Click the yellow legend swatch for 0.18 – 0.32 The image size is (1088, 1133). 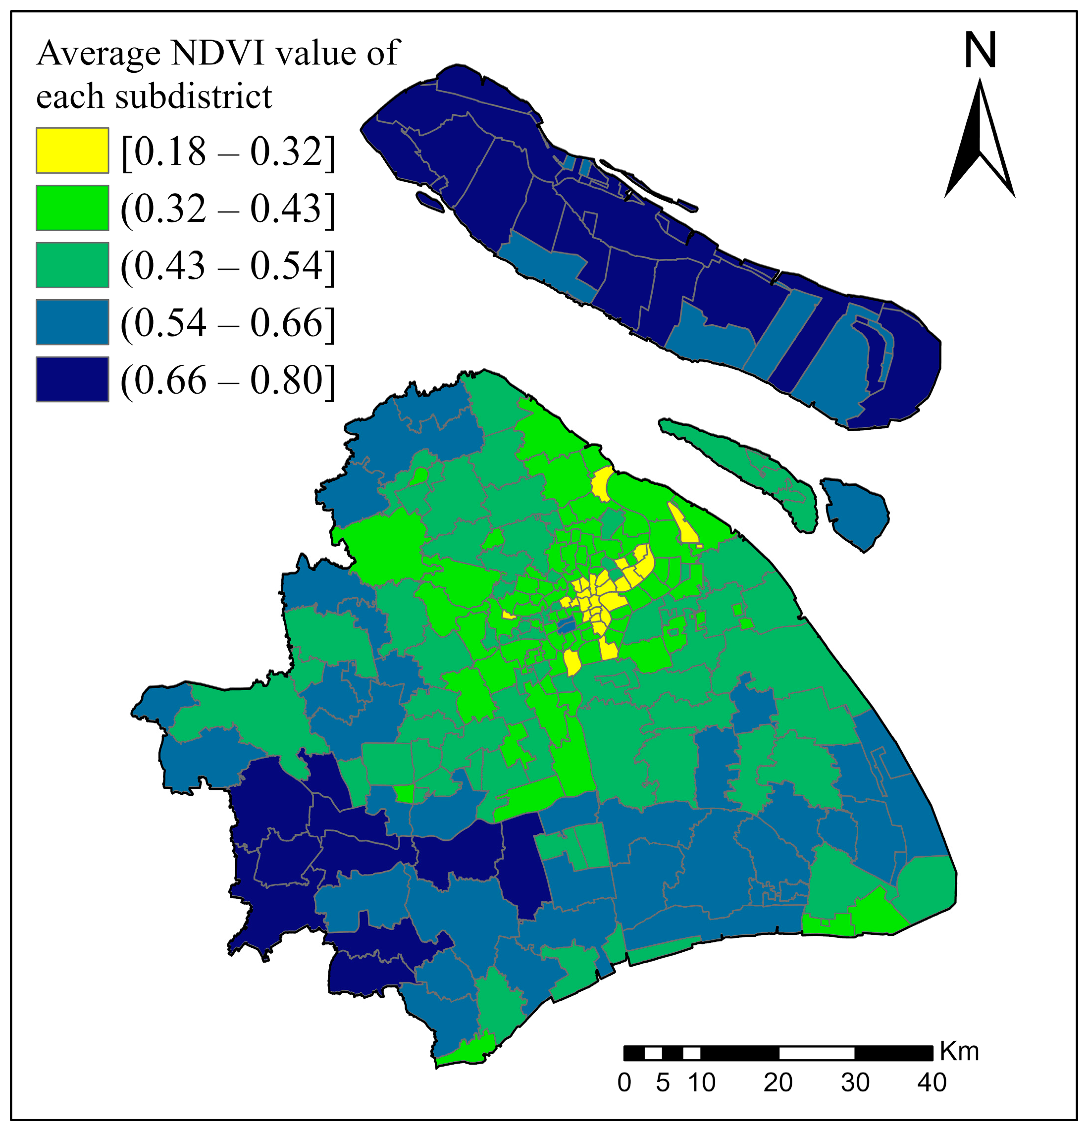[72, 151]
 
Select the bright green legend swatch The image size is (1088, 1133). [72, 207]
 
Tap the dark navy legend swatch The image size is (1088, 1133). [72, 379]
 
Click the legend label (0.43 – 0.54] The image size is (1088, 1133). [228, 265]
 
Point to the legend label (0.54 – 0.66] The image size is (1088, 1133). [228, 322]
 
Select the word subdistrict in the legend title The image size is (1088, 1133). [193, 96]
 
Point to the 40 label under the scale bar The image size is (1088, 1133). [932, 1082]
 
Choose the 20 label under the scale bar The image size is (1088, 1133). [777, 1082]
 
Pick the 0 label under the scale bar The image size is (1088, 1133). [624, 1082]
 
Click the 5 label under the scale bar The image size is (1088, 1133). [663, 1082]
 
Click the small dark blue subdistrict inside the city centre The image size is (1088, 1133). [566, 625]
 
